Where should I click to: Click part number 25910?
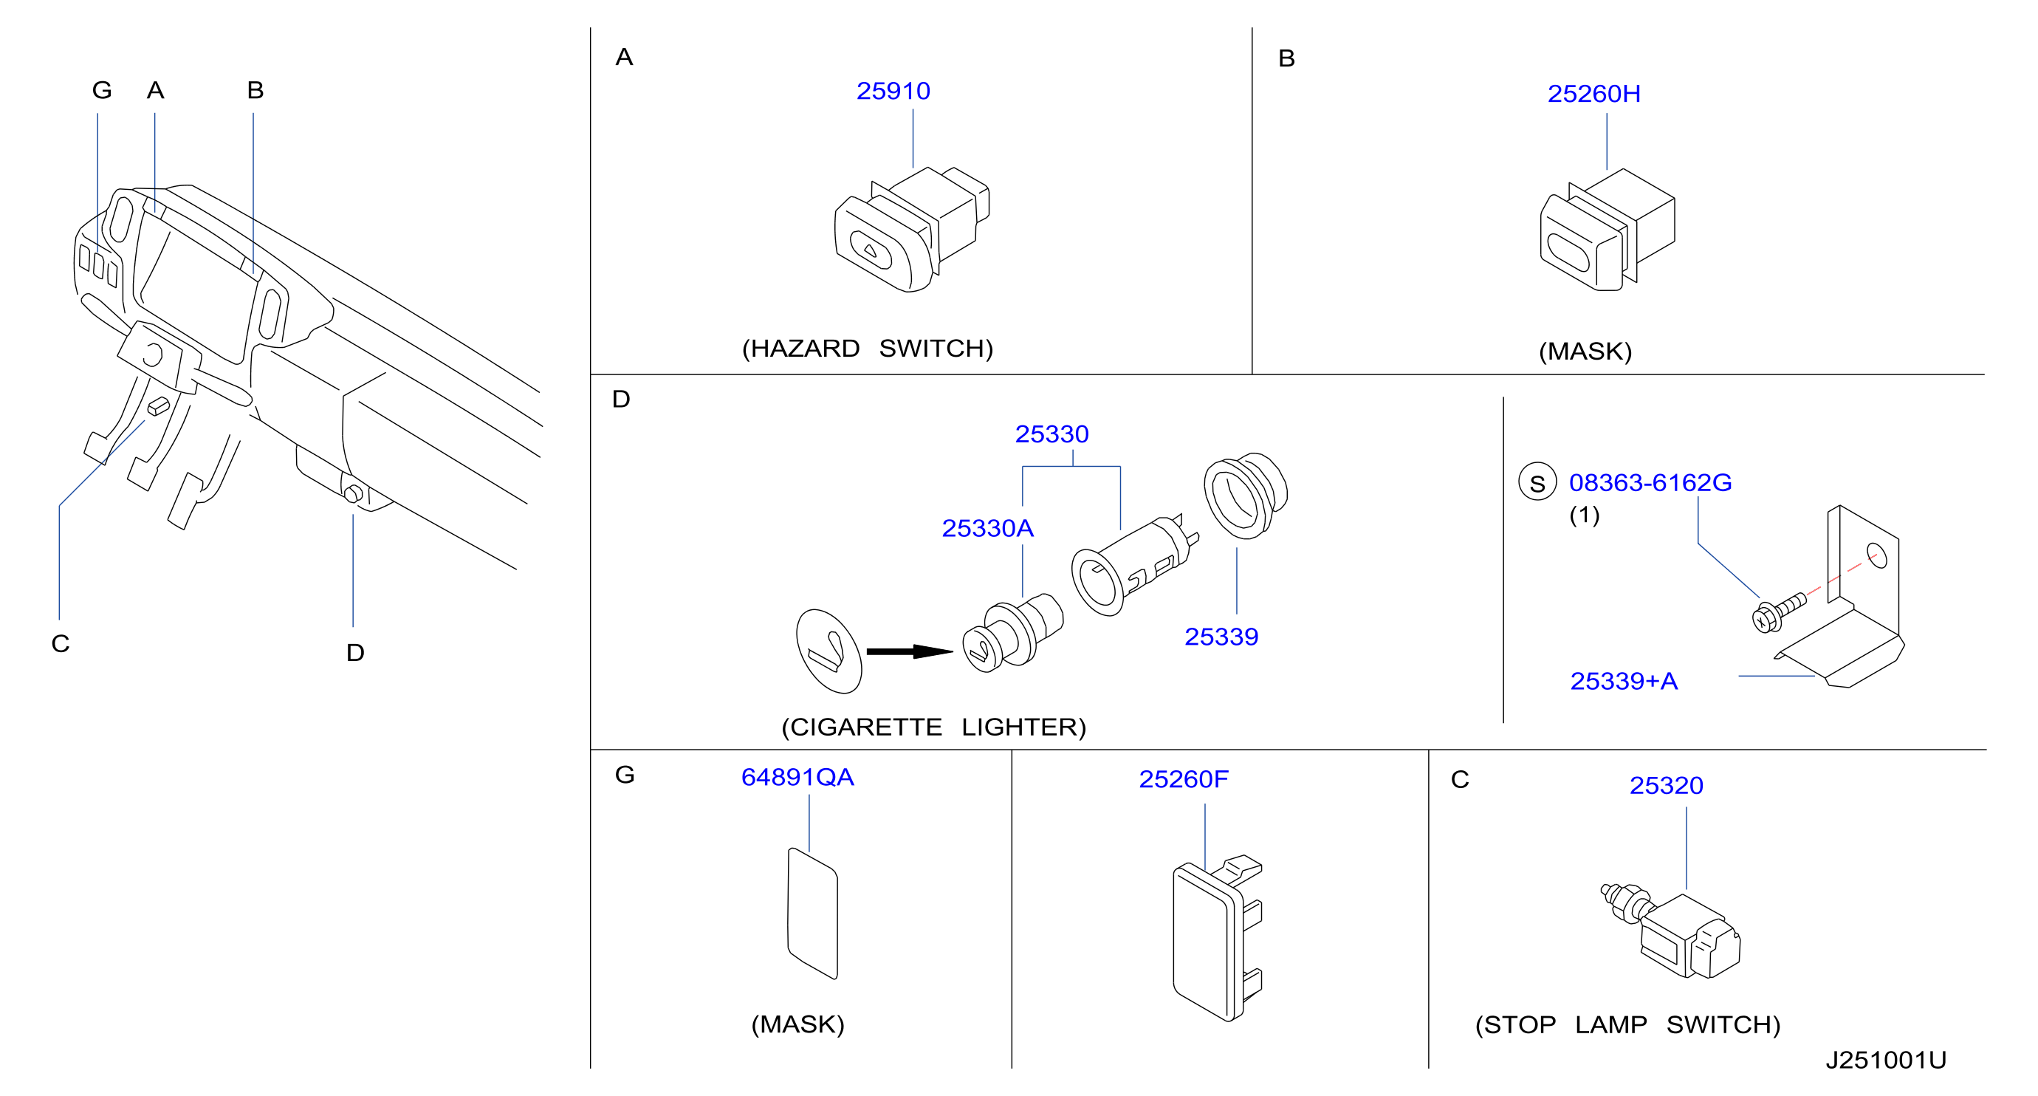pyautogui.click(x=893, y=91)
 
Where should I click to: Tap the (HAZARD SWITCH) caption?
pyautogui.click(x=867, y=348)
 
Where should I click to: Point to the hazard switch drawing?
pyautogui.click(x=911, y=229)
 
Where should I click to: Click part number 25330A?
pyautogui.click(x=987, y=528)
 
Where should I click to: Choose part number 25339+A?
pyautogui.click(x=1624, y=680)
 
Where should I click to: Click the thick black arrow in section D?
pyautogui.click(x=910, y=651)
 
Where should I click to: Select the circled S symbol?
pyautogui.click(x=1537, y=482)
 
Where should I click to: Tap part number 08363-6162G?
pyautogui.click(x=1650, y=482)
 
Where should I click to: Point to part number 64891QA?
pyautogui.click(x=797, y=777)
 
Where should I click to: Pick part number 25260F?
pyautogui.click(x=1184, y=779)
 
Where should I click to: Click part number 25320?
pyautogui.click(x=1666, y=785)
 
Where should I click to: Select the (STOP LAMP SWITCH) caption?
pyautogui.click(x=1628, y=1025)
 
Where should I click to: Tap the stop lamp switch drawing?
pyautogui.click(x=1671, y=932)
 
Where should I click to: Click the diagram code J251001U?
pyautogui.click(x=1886, y=1060)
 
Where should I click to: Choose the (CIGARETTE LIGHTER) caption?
pyautogui.click(x=933, y=727)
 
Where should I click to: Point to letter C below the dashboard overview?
pyautogui.click(x=61, y=643)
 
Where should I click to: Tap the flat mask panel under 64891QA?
pyautogui.click(x=812, y=914)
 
